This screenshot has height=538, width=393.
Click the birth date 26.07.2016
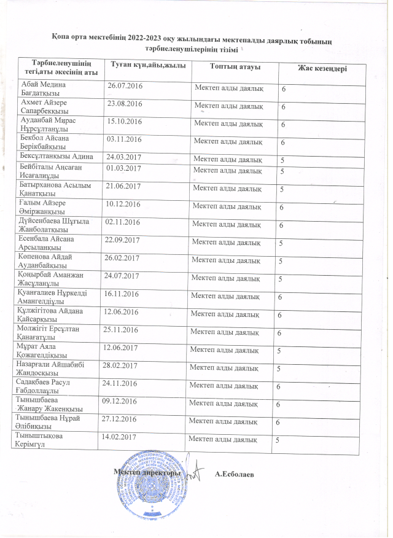coord(125,85)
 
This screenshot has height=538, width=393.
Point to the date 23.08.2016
coord(124,104)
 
